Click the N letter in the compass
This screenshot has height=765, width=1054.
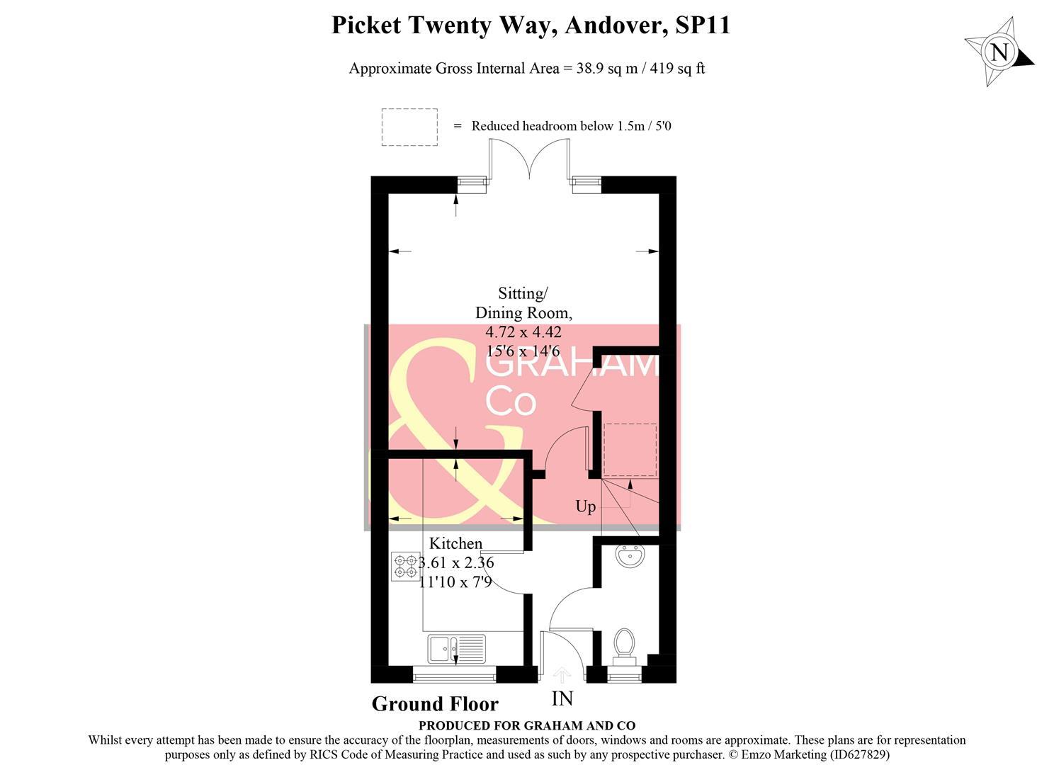(x=999, y=52)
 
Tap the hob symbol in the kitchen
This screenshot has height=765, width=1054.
(x=405, y=566)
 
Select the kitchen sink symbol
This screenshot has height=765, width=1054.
(x=456, y=648)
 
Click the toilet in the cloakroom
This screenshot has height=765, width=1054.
(x=624, y=643)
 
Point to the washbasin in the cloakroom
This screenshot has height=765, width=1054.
(x=630, y=557)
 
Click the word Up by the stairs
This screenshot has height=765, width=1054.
(x=585, y=506)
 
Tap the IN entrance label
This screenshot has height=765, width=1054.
(x=562, y=699)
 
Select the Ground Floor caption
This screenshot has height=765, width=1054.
(x=435, y=704)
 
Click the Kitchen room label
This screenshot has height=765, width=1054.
(x=455, y=543)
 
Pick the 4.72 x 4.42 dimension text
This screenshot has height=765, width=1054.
(x=523, y=331)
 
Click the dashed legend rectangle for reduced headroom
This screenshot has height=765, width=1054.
(x=409, y=127)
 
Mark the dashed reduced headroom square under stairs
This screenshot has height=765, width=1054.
(x=630, y=450)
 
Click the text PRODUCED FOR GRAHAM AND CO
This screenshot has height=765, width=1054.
(x=526, y=725)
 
